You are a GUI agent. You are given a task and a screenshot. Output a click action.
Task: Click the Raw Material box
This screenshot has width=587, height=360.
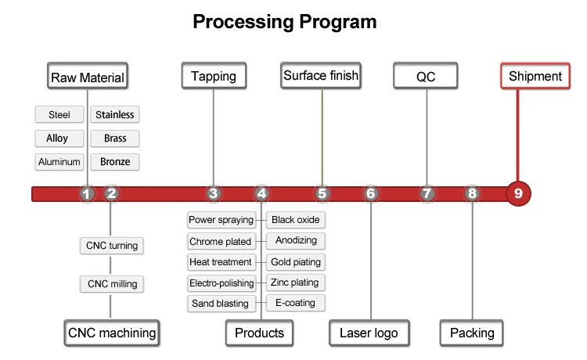click(88, 77)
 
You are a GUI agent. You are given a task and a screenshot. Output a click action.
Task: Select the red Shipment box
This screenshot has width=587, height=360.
click(535, 76)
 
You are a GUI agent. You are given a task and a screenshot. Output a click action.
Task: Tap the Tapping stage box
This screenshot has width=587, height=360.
click(214, 76)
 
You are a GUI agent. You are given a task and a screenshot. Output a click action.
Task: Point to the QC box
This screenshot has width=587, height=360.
click(426, 76)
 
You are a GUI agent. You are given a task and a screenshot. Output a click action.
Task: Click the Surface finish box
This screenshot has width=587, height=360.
click(321, 76)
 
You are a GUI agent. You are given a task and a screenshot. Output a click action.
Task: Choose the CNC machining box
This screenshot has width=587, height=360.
click(112, 333)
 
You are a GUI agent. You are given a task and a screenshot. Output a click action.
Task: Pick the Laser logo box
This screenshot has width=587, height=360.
click(369, 333)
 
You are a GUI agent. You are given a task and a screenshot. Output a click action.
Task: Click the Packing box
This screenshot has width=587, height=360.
click(472, 333)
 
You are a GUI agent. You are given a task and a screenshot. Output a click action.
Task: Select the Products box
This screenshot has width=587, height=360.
click(259, 333)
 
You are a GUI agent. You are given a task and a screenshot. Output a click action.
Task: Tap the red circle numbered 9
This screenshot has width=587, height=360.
click(518, 193)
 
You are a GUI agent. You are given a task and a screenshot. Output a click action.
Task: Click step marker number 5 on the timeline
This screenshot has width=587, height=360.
click(322, 193)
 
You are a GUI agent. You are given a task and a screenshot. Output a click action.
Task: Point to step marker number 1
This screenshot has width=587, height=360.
click(88, 193)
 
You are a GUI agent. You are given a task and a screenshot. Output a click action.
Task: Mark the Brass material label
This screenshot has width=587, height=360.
click(115, 139)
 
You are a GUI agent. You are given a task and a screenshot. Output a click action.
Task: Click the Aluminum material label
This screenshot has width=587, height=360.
click(59, 162)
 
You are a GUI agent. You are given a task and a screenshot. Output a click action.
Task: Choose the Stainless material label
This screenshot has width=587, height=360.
click(115, 115)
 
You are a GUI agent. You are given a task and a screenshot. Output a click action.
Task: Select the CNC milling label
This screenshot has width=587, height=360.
click(112, 283)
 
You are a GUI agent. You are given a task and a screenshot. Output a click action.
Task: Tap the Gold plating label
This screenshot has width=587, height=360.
click(295, 262)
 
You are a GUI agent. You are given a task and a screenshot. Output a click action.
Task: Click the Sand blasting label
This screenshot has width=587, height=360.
click(220, 304)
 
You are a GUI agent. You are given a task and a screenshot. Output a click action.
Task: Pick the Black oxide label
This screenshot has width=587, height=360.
click(295, 220)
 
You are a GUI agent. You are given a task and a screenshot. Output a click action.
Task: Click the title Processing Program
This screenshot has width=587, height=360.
click(285, 21)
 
